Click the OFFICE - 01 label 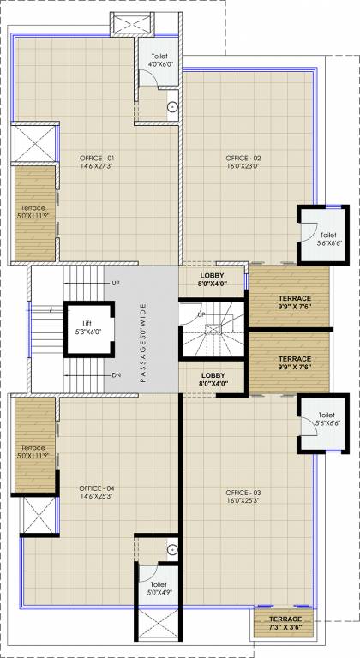click(x=98, y=159)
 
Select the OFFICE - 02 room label click(x=243, y=159)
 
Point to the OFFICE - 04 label click(x=98, y=488)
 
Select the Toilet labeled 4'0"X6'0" click(x=160, y=59)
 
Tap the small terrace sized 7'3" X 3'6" click(x=285, y=623)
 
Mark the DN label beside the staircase click(x=116, y=375)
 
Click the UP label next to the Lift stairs click(x=116, y=283)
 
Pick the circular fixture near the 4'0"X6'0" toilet click(x=172, y=107)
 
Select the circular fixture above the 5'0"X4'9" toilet click(x=172, y=548)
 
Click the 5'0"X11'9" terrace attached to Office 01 click(x=33, y=212)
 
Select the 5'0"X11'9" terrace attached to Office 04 click(x=33, y=452)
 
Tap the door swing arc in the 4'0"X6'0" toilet click(x=150, y=78)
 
